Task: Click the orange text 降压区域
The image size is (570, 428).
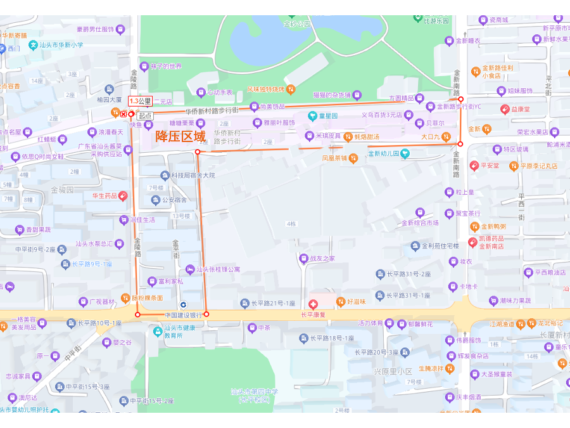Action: tap(180, 136)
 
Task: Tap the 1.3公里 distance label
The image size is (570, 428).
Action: tap(140, 101)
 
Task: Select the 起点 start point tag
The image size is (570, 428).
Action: tap(145, 115)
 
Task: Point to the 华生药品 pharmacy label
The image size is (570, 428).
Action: tap(104, 196)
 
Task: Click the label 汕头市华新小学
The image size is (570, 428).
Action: tap(61, 45)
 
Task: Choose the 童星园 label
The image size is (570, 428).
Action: tap(328, 115)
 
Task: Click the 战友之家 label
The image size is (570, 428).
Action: tap(322, 259)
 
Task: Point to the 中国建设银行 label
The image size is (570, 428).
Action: tap(183, 315)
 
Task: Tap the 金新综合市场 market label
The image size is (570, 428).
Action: tap(419, 223)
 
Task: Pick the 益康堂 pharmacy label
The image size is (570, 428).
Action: tap(520, 109)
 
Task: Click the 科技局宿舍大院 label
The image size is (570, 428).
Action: tap(192, 175)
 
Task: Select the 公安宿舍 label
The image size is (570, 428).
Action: tap(174, 200)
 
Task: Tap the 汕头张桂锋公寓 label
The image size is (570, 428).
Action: tap(217, 269)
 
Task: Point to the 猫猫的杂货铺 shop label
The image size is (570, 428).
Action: tap(332, 95)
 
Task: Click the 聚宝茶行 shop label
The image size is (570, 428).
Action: tap(467, 213)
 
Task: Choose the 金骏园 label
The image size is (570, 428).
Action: tap(63, 189)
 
